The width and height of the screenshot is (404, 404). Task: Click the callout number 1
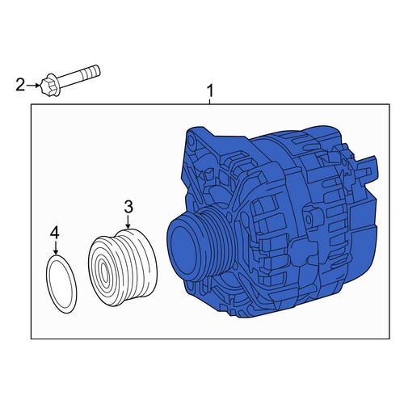[x=209, y=90]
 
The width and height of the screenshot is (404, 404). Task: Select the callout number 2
[x=20, y=85]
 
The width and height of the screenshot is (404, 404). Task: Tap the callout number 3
[x=128, y=207]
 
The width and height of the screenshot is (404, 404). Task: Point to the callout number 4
[x=54, y=233]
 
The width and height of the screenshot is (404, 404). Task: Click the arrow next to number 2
[x=33, y=86]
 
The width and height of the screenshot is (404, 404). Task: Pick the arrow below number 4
[x=56, y=247]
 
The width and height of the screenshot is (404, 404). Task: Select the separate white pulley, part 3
[x=123, y=267]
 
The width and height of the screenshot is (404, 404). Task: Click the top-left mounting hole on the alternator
[x=191, y=140]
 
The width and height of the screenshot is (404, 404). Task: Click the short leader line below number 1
[x=209, y=102]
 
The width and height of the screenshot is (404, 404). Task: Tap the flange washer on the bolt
[x=55, y=84]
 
